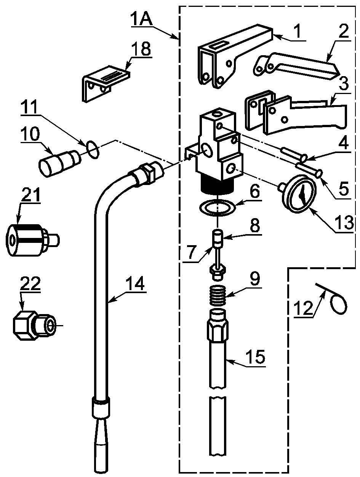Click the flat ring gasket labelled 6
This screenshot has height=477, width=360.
[217, 208]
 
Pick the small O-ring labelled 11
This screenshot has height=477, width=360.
[93, 150]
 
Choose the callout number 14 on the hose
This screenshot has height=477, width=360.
[136, 284]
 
